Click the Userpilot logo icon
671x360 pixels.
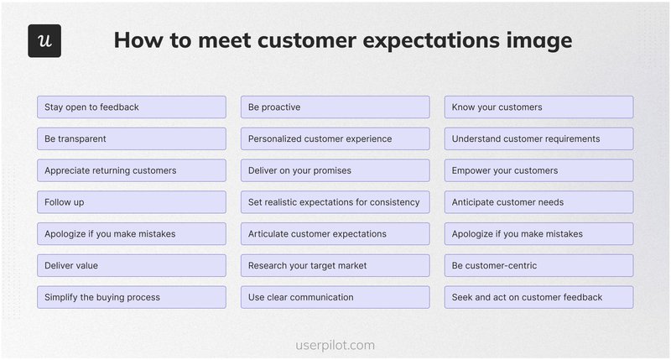tap(44, 41)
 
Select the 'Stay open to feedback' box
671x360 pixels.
tap(132, 107)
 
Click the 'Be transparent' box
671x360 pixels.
tap(132, 138)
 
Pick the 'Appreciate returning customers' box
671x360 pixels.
tap(132, 170)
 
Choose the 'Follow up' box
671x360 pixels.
tap(132, 202)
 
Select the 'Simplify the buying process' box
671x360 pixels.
tap(132, 297)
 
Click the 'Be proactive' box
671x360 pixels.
tap(335, 107)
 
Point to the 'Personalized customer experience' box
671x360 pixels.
tap(335, 138)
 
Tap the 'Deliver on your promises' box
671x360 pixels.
tap(335, 170)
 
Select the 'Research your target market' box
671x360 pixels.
tap(335, 265)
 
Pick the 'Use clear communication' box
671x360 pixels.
tap(335, 297)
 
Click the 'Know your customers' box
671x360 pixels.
tap(538, 107)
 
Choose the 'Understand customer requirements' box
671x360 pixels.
tap(538, 138)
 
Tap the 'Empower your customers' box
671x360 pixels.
tap(538, 170)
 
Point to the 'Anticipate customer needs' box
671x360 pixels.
tap(538, 202)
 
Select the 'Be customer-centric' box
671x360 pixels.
tap(538, 265)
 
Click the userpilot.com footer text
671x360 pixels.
tap(335, 345)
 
